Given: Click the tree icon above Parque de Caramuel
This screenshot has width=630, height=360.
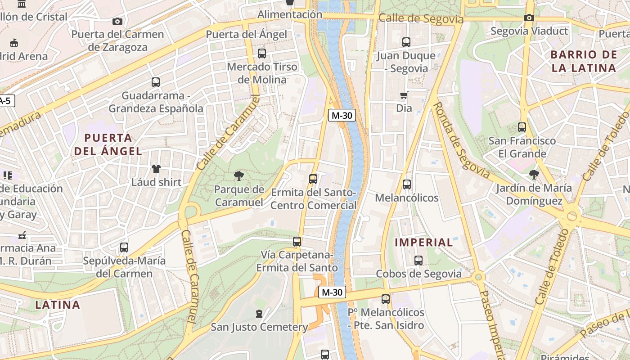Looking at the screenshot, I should tap(238, 176).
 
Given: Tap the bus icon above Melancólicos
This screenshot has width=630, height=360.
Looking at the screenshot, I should tap(406, 184).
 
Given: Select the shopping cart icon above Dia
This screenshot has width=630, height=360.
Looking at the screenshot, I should tap(404, 95).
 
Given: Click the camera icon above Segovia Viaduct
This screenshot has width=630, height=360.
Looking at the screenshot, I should tap(529, 18).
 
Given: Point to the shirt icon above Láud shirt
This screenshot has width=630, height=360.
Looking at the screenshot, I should tap(156, 169).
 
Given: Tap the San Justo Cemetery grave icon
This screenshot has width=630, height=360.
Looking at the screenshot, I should tap(259, 313).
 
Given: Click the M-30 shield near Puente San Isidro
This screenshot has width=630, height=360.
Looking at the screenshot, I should tap(332, 292).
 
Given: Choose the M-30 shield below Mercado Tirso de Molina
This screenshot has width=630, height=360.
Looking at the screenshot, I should tap(342, 115).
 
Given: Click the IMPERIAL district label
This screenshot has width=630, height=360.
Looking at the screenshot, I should tap(423, 243).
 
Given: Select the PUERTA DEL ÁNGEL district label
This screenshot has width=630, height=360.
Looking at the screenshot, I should tap(108, 144).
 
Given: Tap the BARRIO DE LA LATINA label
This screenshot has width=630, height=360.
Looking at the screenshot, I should tap(584, 62).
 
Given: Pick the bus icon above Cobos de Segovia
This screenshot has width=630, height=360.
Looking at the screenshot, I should tap(418, 260).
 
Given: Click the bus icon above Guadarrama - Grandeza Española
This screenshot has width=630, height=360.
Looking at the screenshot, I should tap(155, 82).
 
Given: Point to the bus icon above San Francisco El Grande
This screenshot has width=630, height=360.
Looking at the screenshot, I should tap(522, 127).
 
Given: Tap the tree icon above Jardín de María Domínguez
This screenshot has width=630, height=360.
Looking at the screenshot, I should tap(534, 174).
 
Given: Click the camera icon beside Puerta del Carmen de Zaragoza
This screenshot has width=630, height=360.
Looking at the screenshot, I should tap(117, 21).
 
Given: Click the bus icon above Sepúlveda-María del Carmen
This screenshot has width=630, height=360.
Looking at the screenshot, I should tap(124, 247).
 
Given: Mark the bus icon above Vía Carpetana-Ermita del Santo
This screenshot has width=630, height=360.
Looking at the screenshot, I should tap(297, 242).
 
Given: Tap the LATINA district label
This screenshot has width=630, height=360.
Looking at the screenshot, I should tap(58, 305).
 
